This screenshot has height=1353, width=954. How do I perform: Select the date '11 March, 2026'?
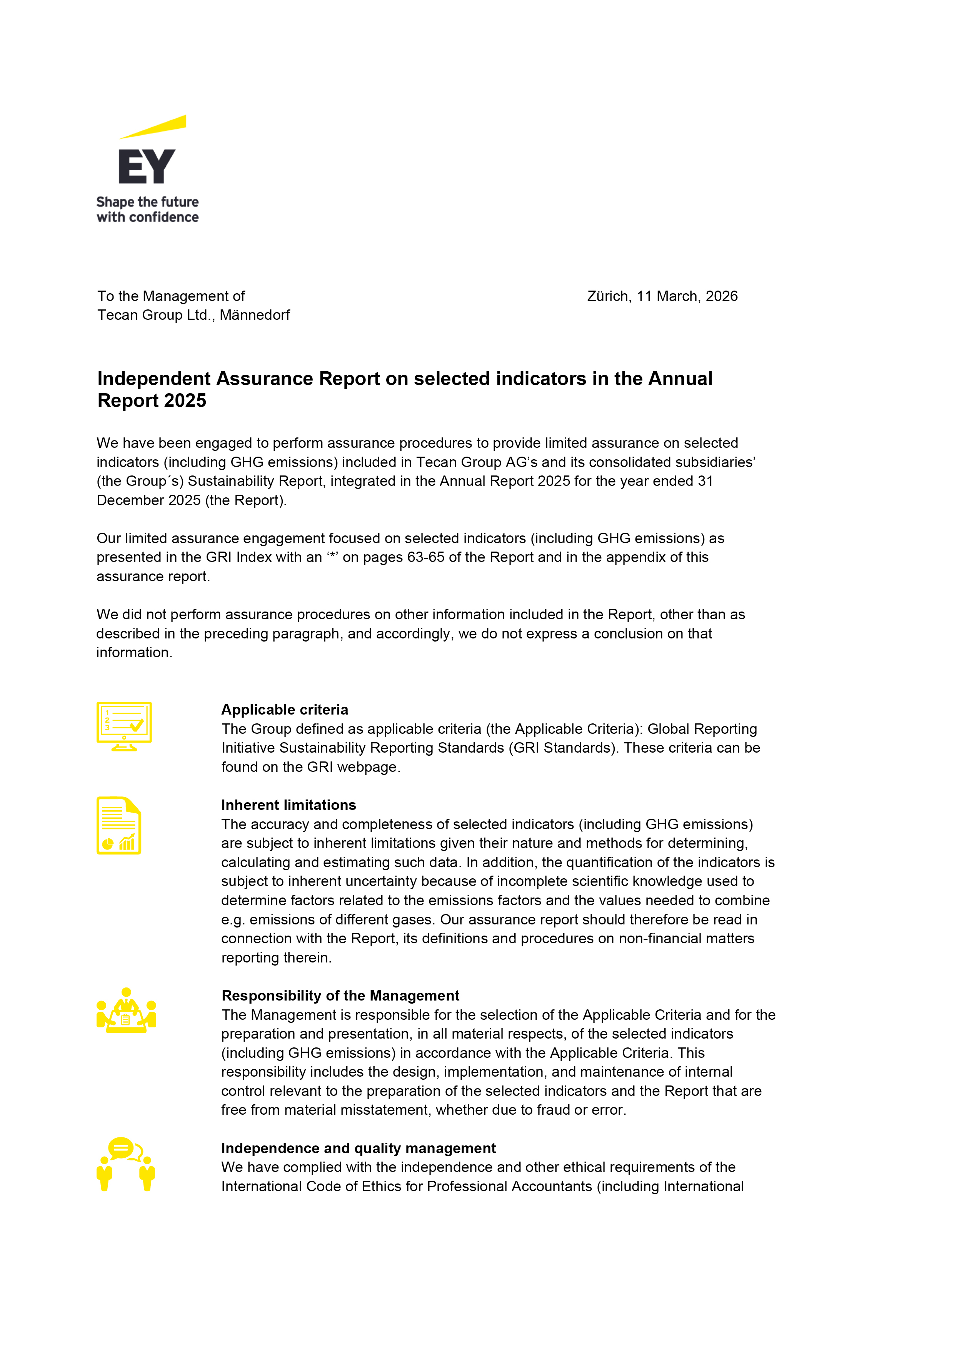pos(687,296)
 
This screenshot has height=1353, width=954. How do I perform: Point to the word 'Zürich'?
pos(609,296)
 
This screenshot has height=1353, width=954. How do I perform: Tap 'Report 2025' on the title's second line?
pos(152,401)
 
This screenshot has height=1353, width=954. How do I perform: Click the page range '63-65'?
pos(426,557)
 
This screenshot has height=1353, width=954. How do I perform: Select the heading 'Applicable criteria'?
pos(285,710)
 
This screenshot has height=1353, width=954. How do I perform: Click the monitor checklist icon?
pos(124,726)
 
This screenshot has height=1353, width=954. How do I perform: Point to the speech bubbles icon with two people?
pos(125,1164)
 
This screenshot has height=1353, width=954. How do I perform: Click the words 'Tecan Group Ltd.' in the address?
pos(156,315)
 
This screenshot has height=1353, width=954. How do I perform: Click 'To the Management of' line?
pos(171,296)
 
